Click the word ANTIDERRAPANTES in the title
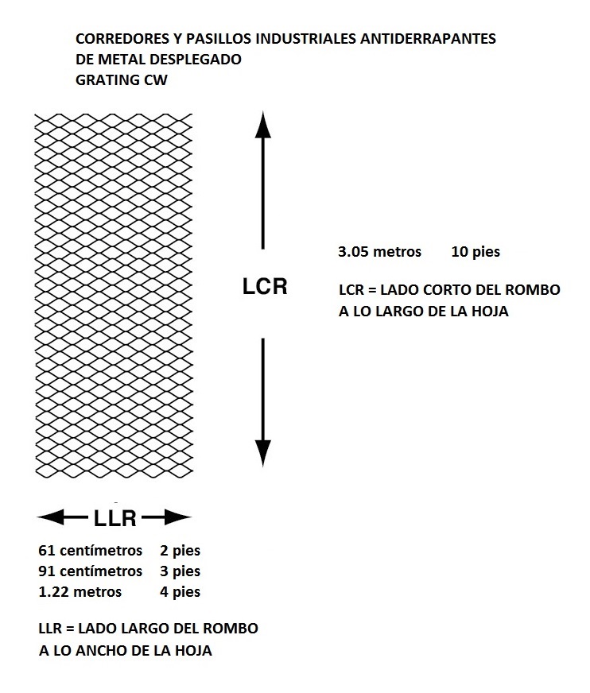pos(428,39)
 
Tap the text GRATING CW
pos(122,80)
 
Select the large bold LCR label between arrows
pos(265,286)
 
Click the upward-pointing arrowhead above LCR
pos(262,125)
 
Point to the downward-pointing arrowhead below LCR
pos(263,454)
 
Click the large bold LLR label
pos(115,518)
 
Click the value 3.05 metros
pos(380,251)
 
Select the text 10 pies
pos(475,252)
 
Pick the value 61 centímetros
pos(90,550)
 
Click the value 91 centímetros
pos(90,571)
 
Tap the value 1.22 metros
pos(80,592)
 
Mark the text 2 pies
pos(180,551)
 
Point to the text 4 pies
pos(180,592)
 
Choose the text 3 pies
pos(180,571)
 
